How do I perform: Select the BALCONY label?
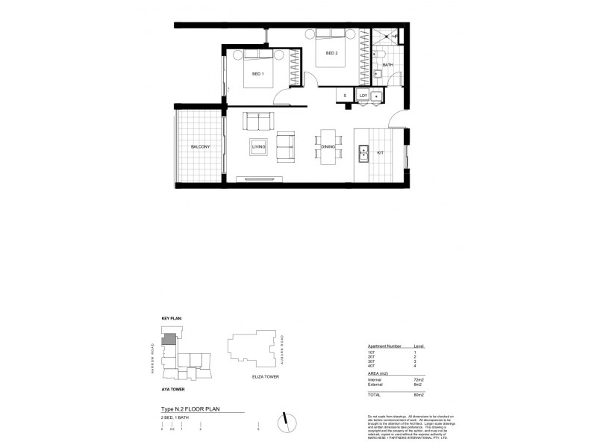pyautogui.click(x=200, y=147)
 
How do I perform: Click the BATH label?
pyautogui.click(x=387, y=66)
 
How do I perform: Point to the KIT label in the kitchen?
pyautogui.click(x=379, y=152)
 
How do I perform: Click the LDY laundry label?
pyautogui.click(x=363, y=96)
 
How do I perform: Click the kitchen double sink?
pyautogui.click(x=363, y=154)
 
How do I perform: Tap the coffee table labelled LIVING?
pyautogui.click(x=259, y=146)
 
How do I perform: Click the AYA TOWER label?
pyautogui.click(x=173, y=390)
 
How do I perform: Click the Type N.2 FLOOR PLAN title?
pyautogui.click(x=191, y=410)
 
